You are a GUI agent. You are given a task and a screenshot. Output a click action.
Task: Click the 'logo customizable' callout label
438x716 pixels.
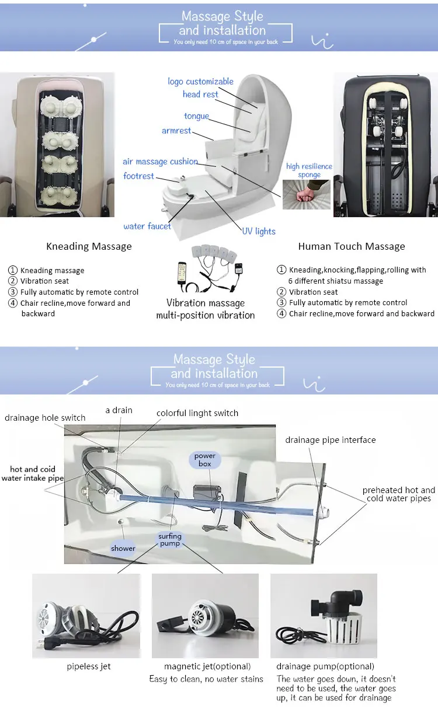pos(200,82)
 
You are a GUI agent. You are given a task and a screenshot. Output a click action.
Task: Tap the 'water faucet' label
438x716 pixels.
pos(147,226)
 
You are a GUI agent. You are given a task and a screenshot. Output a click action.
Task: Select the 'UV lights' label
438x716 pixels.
pos(259,231)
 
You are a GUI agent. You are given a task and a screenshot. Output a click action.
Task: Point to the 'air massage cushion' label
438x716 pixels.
pos(160,162)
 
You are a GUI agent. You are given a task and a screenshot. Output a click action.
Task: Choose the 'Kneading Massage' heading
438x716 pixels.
pos(89,246)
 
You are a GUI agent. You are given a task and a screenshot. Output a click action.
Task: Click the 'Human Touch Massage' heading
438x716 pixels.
pos(352,246)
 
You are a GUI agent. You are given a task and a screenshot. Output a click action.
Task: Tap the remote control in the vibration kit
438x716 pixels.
pos(182,273)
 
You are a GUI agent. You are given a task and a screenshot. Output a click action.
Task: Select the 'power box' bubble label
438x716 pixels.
pos(205,460)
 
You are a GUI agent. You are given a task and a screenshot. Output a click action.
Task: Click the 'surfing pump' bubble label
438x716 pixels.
pos(170,540)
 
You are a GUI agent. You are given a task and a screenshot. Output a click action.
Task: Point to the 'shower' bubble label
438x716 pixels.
pos(123,548)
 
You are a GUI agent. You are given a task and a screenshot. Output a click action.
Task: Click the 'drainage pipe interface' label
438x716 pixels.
pos(331,440)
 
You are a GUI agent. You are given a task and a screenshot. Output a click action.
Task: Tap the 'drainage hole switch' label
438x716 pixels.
pos(45,418)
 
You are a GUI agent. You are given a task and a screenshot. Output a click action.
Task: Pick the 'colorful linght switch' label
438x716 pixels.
pos(197,413)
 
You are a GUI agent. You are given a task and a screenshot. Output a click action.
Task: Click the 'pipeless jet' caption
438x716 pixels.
pos(89,666)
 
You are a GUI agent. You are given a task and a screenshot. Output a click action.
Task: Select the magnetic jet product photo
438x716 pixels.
pos(205,615)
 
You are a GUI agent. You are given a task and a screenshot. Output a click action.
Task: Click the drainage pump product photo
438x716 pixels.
pos(324,615)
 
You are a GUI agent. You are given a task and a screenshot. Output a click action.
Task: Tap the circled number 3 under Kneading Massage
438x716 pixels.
pos(12,292)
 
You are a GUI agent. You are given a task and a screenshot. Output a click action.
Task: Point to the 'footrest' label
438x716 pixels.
pos(138,176)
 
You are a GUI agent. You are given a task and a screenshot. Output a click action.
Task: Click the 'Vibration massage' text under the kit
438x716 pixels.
pos(206,303)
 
